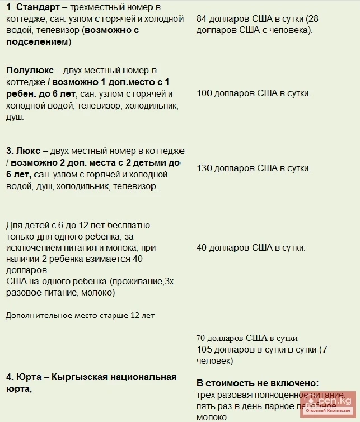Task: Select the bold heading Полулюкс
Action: tap(30, 70)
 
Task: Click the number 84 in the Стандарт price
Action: tap(202, 18)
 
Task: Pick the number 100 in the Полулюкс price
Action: tap(204, 93)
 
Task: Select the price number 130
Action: tap(204, 168)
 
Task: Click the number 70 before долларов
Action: tap(201, 338)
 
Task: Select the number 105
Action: tap(204, 349)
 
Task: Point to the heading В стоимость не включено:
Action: tap(258, 383)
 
